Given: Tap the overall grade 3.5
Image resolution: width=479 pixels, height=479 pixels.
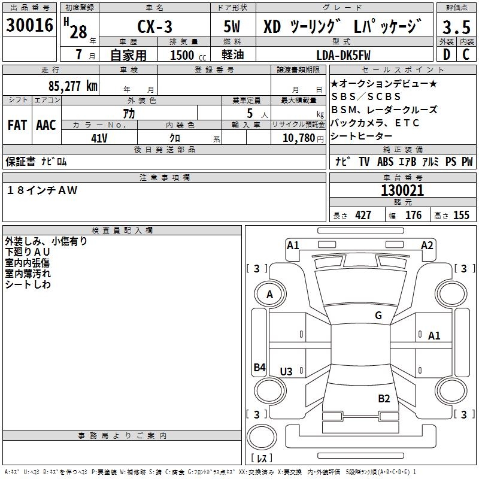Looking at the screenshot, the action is pyautogui.click(x=456, y=28).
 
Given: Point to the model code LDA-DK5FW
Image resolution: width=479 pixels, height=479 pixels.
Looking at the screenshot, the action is pyautogui.click(x=343, y=55).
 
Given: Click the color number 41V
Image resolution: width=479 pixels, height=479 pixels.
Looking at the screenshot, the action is pyautogui.click(x=99, y=138).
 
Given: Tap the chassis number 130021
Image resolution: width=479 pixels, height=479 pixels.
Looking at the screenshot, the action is pyautogui.click(x=402, y=191).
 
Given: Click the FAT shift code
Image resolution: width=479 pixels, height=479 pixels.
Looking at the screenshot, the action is pyautogui.click(x=17, y=125).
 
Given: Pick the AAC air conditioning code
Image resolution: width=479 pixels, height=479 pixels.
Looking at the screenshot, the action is pyautogui.click(x=46, y=125).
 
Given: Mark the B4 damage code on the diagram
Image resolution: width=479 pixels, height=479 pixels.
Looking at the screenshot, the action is pyautogui.click(x=259, y=368).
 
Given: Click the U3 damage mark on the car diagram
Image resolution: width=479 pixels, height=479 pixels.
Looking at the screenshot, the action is pyautogui.click(x=286, y=372).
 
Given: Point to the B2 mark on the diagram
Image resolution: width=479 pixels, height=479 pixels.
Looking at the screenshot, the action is pyautogui.click(x=384, y=398).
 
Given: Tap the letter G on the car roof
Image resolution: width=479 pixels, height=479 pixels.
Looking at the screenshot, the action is pyautogui.click(x=378, y=316).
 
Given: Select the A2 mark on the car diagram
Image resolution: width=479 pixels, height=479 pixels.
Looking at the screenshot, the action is pyautogui.click(x=427, y=245).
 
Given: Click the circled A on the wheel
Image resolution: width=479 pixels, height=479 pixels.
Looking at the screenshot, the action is pyautogui.click(x=269, y=295).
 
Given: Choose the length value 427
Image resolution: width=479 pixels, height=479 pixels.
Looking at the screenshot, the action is pyautogui.click(x=363, y=216).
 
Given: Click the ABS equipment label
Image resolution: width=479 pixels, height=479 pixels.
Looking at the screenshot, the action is pyautogui.click(x=386, y=162).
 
